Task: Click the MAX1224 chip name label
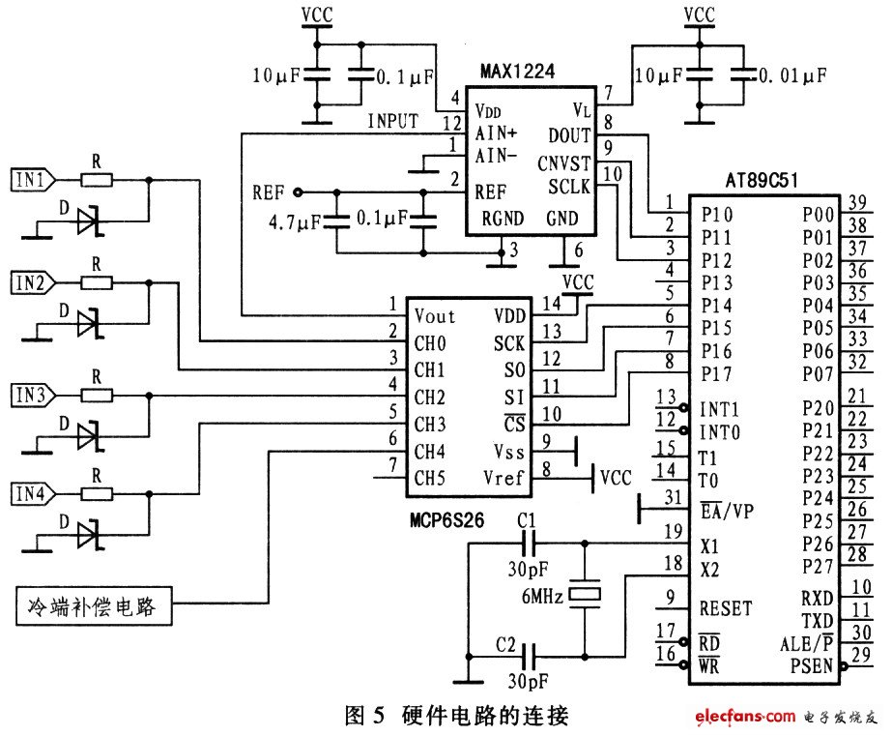point(517,72)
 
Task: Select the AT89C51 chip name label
point(762,181)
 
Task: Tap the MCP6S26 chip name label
point(447,519)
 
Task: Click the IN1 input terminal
point(34,180)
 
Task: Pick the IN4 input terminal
point(34,493)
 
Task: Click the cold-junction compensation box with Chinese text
point(94,606)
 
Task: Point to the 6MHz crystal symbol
point(585,594)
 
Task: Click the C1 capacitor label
point(526,520)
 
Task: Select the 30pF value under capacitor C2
point(529,681)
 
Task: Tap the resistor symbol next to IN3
point(97,395)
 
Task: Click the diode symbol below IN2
point(89,324)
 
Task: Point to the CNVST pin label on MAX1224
point(563,164)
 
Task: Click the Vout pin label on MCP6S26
point(435,316)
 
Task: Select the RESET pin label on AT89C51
point(726,608)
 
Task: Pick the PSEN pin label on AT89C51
point(812,665)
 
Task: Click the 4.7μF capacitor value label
point(295,222)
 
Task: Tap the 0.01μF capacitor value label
point(792,75)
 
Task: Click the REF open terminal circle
point(298,192)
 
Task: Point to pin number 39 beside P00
point(857,202)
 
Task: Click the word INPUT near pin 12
point(393,121)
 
